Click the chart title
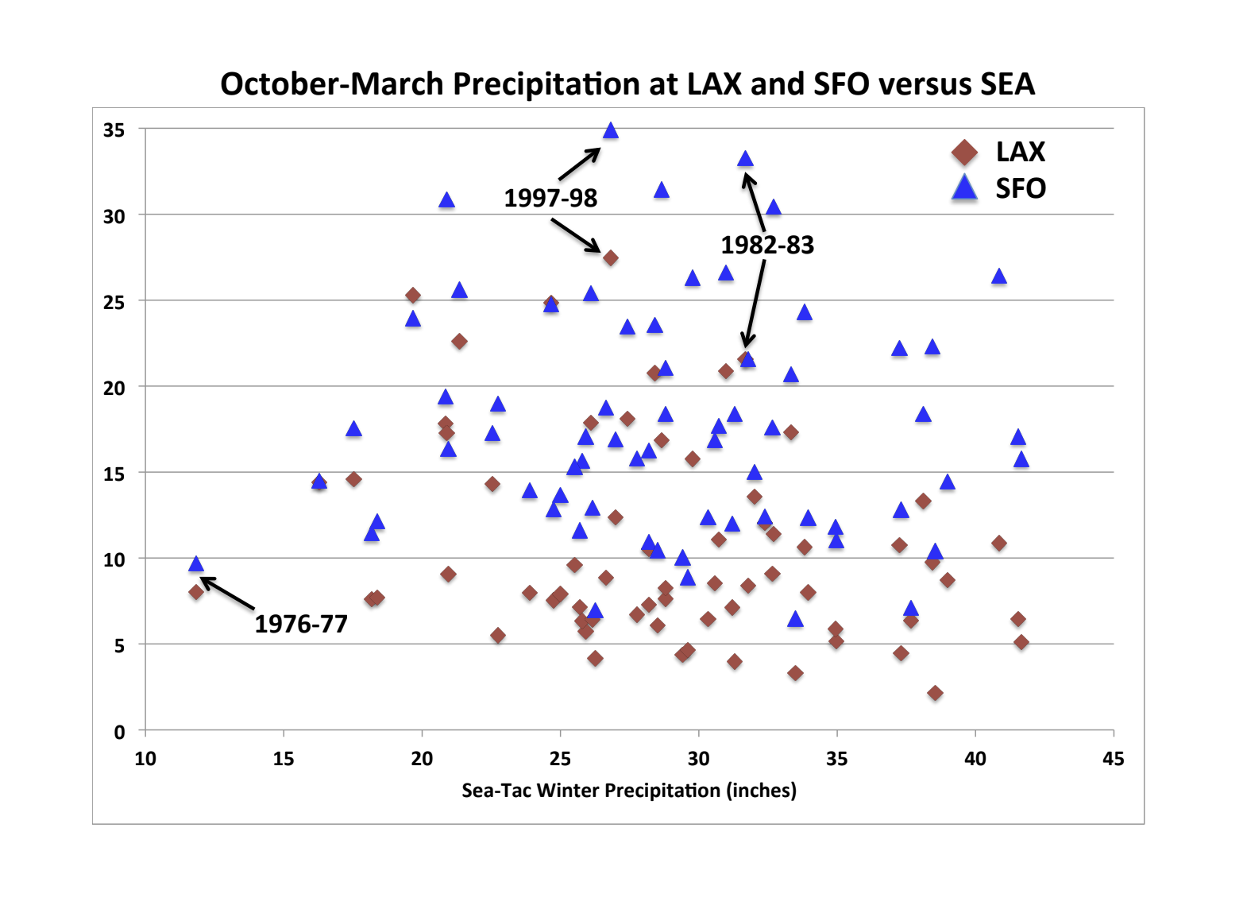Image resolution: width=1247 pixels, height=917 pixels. tap(627, 84)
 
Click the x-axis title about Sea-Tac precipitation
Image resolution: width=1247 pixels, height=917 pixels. tap(629, 791)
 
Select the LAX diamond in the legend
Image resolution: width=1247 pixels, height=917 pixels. tap(964, 153)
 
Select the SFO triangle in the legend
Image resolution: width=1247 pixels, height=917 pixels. tap(964, 188)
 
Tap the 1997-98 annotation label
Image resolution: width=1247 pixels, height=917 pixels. tap(550, 198)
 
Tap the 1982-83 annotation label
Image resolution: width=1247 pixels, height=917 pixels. tap(767, 245)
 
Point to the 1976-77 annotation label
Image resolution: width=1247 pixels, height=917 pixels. tap(301, 624)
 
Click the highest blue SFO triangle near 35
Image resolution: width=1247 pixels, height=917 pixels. tap(611, 131)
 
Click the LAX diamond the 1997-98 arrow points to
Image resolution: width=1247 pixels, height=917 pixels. tap(611, 258)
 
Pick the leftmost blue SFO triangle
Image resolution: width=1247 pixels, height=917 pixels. tap(196, 564)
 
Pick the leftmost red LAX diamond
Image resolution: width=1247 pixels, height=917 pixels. tap(196, 592)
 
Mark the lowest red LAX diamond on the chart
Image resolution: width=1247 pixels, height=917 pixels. tap(935, 693)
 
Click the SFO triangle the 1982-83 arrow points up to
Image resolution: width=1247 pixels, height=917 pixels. tap(745, 160)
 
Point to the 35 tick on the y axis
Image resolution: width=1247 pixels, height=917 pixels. tap(114, 130)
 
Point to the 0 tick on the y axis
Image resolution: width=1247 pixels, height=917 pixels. tap(119, 732)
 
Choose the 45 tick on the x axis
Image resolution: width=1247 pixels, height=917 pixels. tap(1113, 759)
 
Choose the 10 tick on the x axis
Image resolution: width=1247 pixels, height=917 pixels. tap(145, 759)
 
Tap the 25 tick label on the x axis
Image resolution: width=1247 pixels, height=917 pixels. tap(560, 759)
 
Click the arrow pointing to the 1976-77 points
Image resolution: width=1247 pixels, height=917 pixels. tap(228, 594)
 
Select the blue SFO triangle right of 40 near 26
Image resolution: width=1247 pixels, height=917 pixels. tap(999, 277)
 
